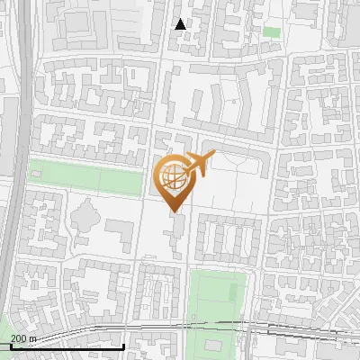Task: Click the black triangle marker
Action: (181, 24)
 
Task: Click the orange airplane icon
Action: (199, 165)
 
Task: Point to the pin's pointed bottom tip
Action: (175, 211)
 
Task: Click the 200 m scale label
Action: (23, 338)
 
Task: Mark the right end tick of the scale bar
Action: (123, 346)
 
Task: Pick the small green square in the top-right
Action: (271, 31)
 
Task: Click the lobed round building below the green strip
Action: (86, 216)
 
